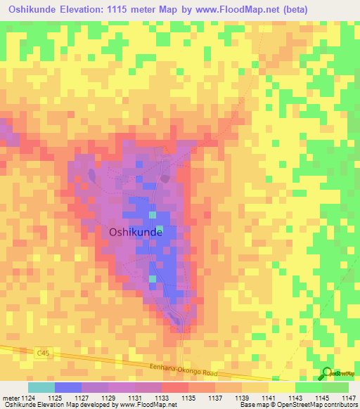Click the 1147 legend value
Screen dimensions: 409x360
(x=349, y=398)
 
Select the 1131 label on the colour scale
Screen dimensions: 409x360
(x=135, y=398)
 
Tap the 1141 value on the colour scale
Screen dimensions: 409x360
(x=269, y=398)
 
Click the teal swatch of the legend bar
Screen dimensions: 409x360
(x=41, y=387)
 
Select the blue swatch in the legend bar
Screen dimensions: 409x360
(x=68, y=387)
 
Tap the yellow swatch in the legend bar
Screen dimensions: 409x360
(x=282, y=387)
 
